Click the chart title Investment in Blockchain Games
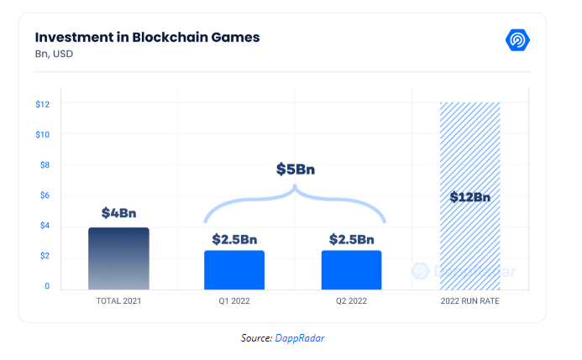tap(147, 37)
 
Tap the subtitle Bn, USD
tap(54, 55)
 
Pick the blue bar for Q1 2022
tap(234, 269)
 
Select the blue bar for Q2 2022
tap(351, 269)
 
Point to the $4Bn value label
tap(118, 213)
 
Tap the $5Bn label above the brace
tap(296, 169)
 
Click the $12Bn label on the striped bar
tap(469, 197)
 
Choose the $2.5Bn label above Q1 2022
tap(234, 238)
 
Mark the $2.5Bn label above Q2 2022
tap(351, 238)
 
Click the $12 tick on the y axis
tap(43, 104)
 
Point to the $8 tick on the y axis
tap(45, 164)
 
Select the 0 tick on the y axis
tap(47, 286)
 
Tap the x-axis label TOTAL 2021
tap(118, 300)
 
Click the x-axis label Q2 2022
tap(351, 300)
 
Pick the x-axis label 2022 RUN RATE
tap(469, 300)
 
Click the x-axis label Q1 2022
tap(234, 300)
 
